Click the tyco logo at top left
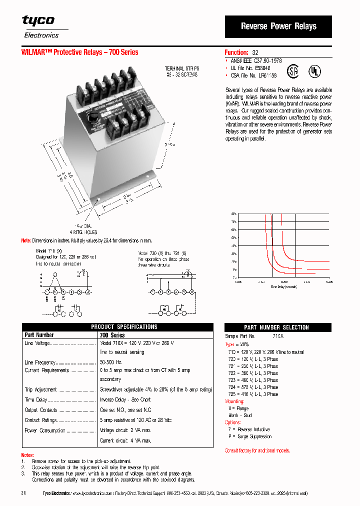tap(38, 20)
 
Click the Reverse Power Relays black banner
tap(278, 26)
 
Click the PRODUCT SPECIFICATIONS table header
tap(124, 327)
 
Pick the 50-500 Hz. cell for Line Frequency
tap(111, 361)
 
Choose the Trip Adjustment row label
tap(41, 390)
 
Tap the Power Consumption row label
tap(45, 430)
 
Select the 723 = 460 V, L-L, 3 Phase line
tap(253, 380)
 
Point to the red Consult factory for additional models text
tap(257, 450)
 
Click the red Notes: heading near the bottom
tap(27, 455)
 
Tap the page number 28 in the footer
tap(23, 493)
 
